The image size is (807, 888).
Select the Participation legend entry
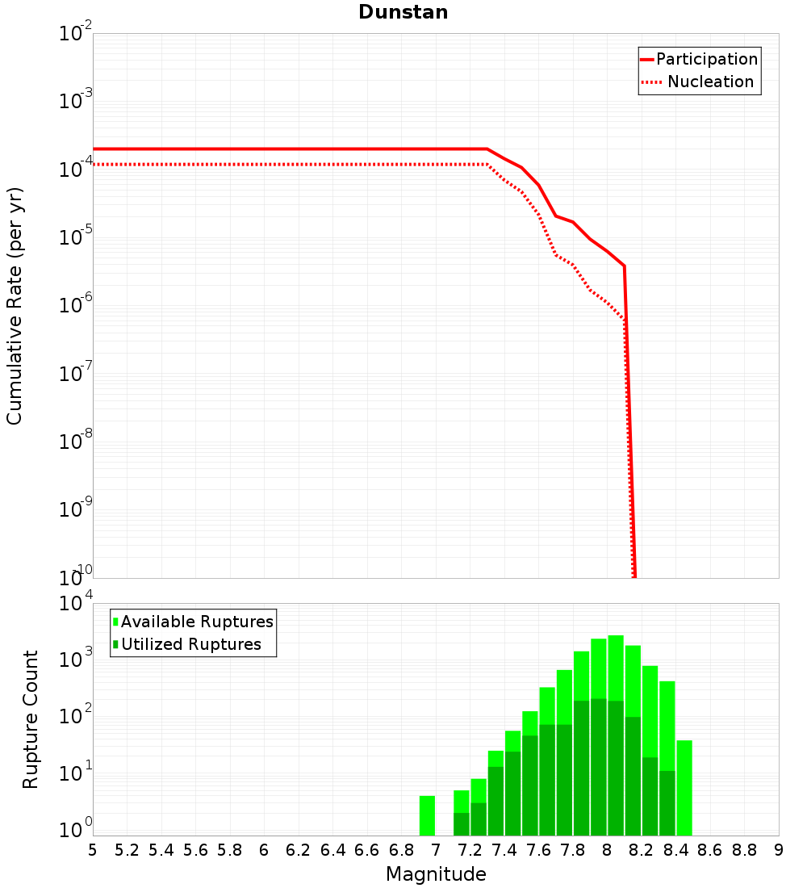[706, 59]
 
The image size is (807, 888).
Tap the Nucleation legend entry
[709, 82]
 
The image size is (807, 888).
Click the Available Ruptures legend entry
[197, 622]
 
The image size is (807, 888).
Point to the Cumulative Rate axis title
[15, 306]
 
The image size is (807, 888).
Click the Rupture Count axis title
[31, 719]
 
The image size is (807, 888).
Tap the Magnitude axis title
[436, 874]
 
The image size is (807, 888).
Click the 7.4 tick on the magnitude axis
[504, 850]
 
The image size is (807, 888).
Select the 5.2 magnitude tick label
[127, 850]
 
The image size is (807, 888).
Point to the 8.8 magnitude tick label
[744, 850]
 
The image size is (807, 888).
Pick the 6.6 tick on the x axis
[367, 850]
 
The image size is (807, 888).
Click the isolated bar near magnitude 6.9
[427, 815]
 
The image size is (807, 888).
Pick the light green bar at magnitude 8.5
[684, 787]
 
